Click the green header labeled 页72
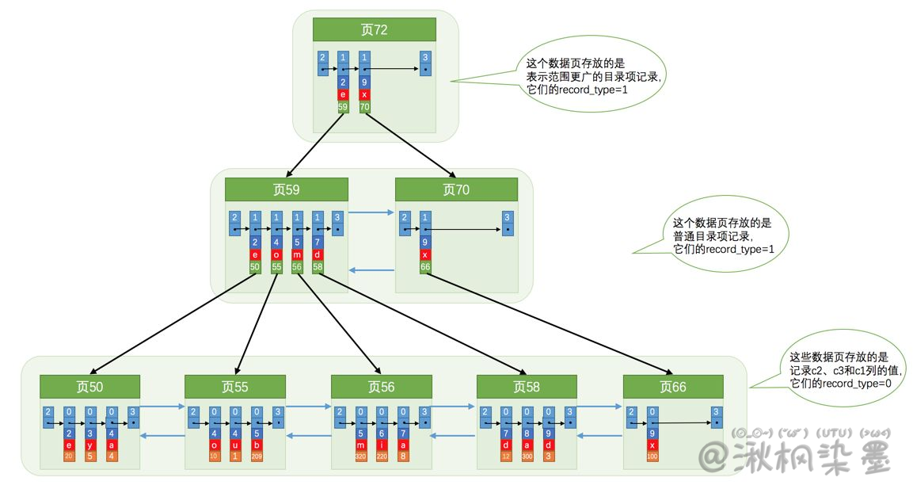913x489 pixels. pyautogui.click(x=374, y=30)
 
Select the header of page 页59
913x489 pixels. pyautogui.click(x=286, y=189)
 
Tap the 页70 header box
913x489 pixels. pyautogui.click(x=456, y=189)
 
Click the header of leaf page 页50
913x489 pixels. pyautogui.click(x=89, y=387)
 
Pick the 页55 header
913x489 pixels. pyautogui.click(x=235, y=387)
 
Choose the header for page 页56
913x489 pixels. pyautogui.click(x=381, y=387)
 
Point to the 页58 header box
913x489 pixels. pyautogui.click(x=527, y=387)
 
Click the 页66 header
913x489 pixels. pyautogui.click(x=672, y=387)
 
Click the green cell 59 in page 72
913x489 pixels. pyautogui.click(x=343, y=106)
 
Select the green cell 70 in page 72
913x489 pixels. pyautogui.click(x=364, y=106)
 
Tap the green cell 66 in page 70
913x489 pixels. pyautogui.click(x=425, y=267)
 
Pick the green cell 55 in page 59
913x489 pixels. pyautogui.click(x=276, y=267)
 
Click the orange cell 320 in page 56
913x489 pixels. pyautogui.click(x=361, y=457)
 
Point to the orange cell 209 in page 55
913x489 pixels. pyautogui.click(x=257, y=457)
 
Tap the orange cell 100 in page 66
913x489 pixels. pyautogui.click(x=652, y=457)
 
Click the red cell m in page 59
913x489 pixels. pyautogui.click(x=297, y=255)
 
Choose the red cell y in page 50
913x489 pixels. pyautogui.click(x=90, y=445)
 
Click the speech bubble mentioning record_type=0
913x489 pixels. pyautogui.click(x=836, y=369)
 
